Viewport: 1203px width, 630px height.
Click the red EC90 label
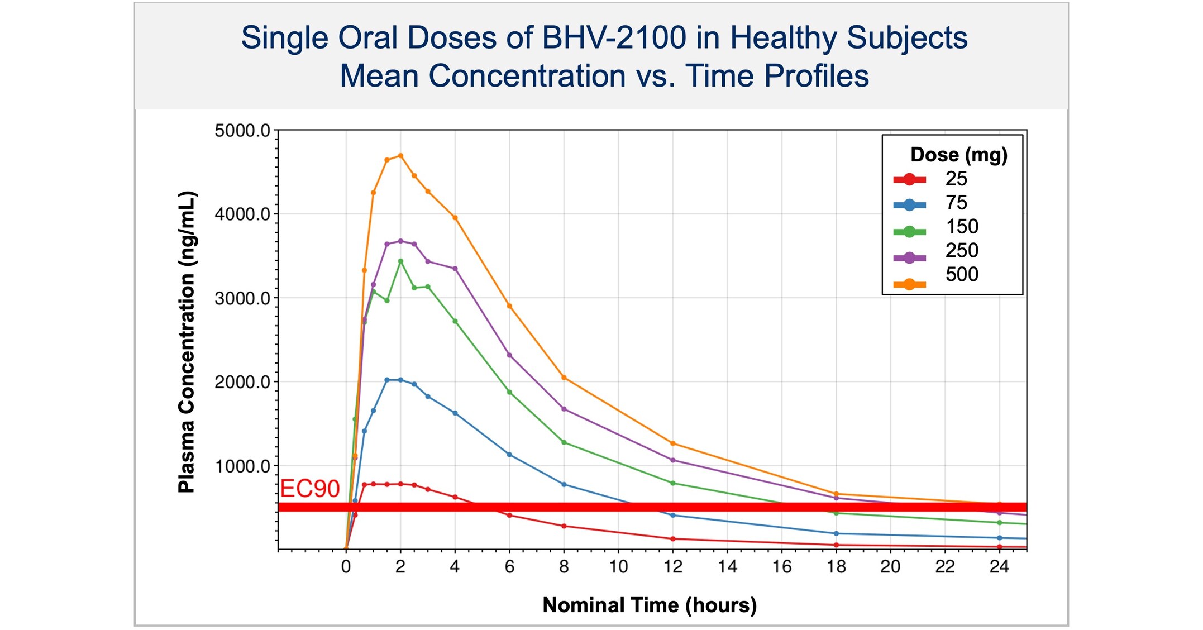[x=309, y=489]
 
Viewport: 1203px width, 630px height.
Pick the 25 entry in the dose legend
[x=956, y=179]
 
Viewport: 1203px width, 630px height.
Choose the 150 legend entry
[x=961, y=227]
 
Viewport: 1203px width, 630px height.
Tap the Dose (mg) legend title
[x=958, y=154]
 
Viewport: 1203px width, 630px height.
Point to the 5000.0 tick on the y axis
[x=242, y=131]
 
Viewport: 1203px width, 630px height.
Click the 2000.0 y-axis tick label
[x=242, y=383]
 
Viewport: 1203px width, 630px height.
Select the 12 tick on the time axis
[x=672, y=567]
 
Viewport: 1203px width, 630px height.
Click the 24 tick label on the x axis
[x=999, y=567]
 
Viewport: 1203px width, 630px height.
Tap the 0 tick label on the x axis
[x=346, y=567]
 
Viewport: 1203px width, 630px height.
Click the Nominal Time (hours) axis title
[x=650, y=605]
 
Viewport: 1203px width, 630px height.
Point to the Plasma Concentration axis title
[x=186, y=342]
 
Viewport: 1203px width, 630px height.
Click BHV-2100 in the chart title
[x=614, y=38]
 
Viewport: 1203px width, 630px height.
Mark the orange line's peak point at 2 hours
[x=400, y=156]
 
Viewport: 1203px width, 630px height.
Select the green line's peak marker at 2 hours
[x=400, y=261]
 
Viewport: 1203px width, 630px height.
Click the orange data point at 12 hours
[x=672, y=443]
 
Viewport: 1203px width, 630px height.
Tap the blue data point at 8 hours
[x=564, y=484]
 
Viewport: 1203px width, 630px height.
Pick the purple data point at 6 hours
[x=509, y=355]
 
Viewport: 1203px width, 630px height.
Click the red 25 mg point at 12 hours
[x=672, y=539]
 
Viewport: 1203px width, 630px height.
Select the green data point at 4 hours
[x=455, y=321]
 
